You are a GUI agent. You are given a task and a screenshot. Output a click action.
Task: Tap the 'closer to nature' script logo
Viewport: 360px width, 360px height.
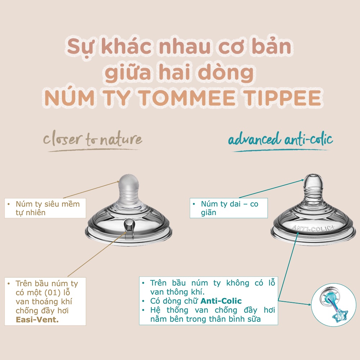(x=93, y=140)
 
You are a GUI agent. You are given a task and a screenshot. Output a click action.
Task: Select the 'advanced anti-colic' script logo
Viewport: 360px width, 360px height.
(x=280, y=140)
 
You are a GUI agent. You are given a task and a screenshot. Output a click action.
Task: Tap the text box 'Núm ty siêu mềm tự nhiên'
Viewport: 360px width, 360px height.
(x=45, y=208)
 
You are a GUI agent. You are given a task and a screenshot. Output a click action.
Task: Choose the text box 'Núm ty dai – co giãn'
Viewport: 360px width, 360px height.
(x=229, y=208)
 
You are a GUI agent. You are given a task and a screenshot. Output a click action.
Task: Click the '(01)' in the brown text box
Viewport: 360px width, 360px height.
(x=61, y=293)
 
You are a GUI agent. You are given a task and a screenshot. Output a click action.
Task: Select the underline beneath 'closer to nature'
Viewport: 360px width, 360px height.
(x=94, y=150)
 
